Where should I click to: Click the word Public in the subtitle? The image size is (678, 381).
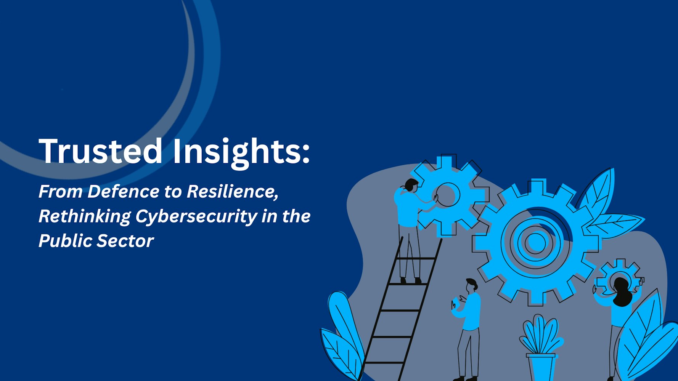pyautogui.click(x=65, y=241)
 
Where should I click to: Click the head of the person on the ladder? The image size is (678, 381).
pyautogui.click(x=411, y=185)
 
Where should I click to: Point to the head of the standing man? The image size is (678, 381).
pyautogui.click(x=472, y=285)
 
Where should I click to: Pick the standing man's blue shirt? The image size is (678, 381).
pyautogui.click(x=471, y=311)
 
